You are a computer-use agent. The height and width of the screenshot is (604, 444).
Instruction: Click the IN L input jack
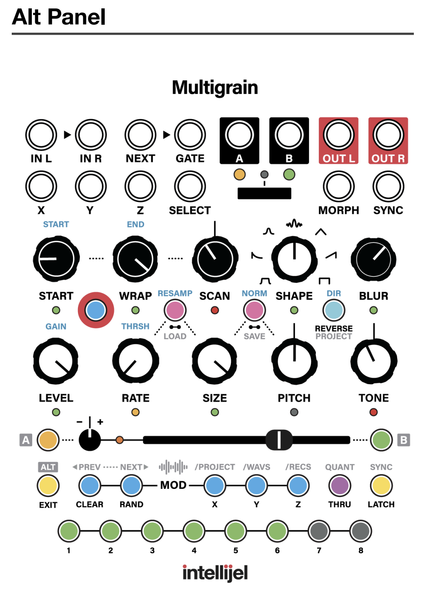pos(41,135)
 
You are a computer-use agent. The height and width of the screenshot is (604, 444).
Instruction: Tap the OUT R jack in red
pos(388,135)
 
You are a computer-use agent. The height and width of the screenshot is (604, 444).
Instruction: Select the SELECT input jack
pos(190,186)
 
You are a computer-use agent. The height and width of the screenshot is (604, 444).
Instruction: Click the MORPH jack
pos(338,186)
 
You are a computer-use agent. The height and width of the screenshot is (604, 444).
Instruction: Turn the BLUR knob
pos(374,259)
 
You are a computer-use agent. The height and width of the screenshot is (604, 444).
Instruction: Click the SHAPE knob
pos(294,259)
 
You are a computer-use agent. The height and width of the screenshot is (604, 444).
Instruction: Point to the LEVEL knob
pos(56,361)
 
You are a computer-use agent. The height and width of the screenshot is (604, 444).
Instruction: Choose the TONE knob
pos(374,361)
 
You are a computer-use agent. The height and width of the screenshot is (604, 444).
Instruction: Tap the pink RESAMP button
pos(175,310)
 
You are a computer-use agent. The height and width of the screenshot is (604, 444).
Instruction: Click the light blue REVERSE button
pos(334,310)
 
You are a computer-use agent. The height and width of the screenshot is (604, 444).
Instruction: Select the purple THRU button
pos(340,486)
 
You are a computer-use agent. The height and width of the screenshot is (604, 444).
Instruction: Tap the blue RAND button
pos(132,486)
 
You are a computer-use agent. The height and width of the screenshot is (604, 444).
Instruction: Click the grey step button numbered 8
pos(361,531)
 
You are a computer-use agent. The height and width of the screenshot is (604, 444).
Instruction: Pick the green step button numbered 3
pos(152,531)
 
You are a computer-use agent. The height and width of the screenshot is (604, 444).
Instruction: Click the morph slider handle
pos(279,440)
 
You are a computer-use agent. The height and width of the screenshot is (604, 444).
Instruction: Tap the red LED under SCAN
pos(215,310)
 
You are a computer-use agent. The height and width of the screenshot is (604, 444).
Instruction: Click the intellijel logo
pos(215,573)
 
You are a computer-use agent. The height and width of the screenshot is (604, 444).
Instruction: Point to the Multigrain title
pos(215,88)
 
